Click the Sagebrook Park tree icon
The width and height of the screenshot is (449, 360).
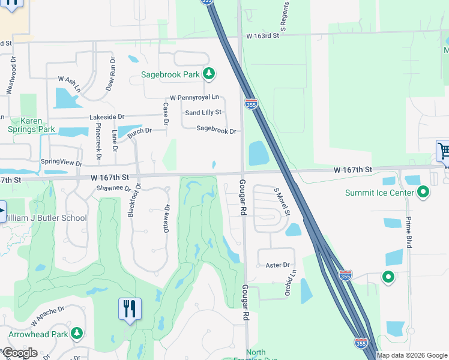(208, 74)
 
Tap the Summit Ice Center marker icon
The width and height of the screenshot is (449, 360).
(423, 193)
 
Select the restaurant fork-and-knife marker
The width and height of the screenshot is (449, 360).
(130, 309)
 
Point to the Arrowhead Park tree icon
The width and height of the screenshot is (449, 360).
(76, 333)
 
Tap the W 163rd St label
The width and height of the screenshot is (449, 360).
(263, 36)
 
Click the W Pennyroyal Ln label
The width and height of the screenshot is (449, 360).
(194, 97)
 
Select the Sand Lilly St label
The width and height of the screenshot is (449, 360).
(203, 112)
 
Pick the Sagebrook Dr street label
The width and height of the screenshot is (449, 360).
(217, 130)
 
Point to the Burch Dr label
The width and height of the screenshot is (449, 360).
(139, 130)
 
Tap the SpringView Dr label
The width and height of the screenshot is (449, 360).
(61, 162)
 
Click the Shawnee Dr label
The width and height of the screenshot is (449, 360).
(113, 188)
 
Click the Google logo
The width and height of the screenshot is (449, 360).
(20, 353)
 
